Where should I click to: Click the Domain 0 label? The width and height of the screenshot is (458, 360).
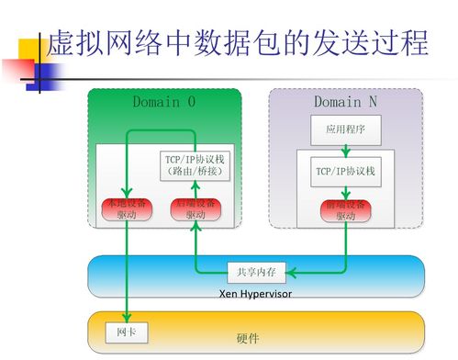click(x=163, y=102)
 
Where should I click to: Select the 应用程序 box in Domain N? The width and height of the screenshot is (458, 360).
click(x=345, y=131)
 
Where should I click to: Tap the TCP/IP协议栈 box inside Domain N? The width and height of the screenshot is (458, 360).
click(x=345, y=172)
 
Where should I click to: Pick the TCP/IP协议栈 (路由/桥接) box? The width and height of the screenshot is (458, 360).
click(x=193, y=165)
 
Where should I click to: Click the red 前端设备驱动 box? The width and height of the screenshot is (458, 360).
click(x=345, y=210)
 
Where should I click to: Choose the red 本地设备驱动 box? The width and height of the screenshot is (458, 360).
click(x=126, y=208)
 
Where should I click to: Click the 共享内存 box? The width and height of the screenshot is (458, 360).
click(x=258, y=272)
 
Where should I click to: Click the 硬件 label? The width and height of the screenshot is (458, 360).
click(x=248, y=338)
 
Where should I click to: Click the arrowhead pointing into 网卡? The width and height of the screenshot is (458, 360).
click(x=127, y=317)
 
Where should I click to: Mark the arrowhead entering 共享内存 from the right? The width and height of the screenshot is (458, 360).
click(x=293, y=272)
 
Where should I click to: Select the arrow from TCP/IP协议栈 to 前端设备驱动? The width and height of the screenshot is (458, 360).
click(x=345, y=191)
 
